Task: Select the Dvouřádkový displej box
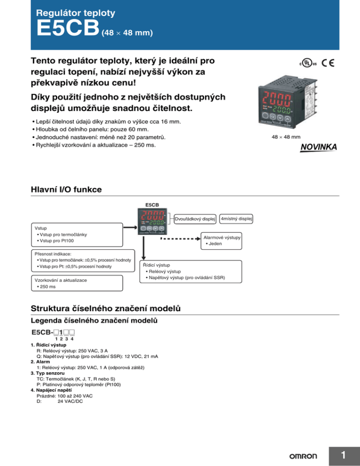(x=195, y=219)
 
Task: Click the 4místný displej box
(x=237, y=218)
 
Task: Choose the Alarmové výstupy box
(x=221, y=241)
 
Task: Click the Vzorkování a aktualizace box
(x=75, y=283)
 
